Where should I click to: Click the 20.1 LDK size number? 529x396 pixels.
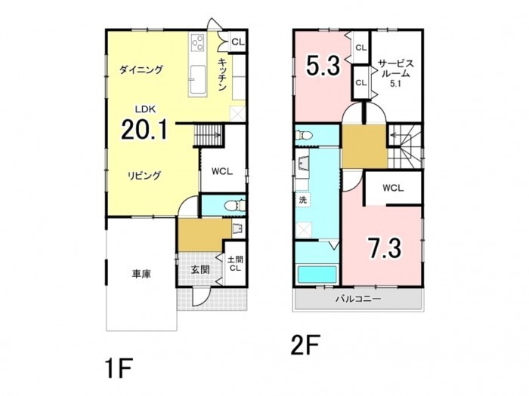(x=144, y=130)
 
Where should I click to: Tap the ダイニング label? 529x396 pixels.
(x=141, y=69)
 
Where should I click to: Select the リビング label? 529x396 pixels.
(x=144, y=176)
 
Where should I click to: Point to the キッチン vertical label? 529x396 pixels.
(x=221, y=75)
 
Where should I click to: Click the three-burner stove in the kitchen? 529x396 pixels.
(x=197, y=43)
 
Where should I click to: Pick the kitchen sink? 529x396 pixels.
(x=197, y=79)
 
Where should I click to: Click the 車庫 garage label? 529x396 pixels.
(x=141, y=274)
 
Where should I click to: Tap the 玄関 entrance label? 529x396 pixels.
(x=200, y=269)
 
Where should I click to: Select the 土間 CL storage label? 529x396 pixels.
(x=235, y=264)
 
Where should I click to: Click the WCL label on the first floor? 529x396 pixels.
(x=222, y=171)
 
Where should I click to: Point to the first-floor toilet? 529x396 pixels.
(x=235, y=205)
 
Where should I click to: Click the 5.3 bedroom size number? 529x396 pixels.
(x=323, y=66)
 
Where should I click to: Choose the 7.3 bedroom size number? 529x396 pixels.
(x=385, y=248)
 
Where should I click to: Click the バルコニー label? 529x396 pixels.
(x=358, y=299)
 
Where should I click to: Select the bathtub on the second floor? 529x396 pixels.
(x=317, y=275)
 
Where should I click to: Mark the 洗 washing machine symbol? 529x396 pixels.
(x=303, y=200)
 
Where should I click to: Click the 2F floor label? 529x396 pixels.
(x=305, y=345)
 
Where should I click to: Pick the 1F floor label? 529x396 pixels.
(x=119, y=369)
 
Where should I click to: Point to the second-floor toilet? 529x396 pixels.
(x=304, y=135)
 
